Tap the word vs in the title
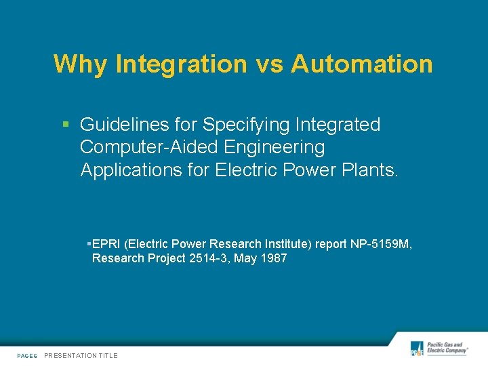pyautogui.click(x=269, y=64)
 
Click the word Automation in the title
pyautogui.click(x=362, y=64)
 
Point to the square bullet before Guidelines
pyautogui.click(x=66, y=125)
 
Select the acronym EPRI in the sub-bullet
pyautogui.click(x=106, y=244)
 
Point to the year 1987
pyautogui.click(x=273, y=258)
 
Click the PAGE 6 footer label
pyautogui.click(x=27, y=356)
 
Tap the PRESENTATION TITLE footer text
pyautogui.click(x=81, y=356)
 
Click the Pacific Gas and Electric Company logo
pyautogui.click(x=439, y=348)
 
